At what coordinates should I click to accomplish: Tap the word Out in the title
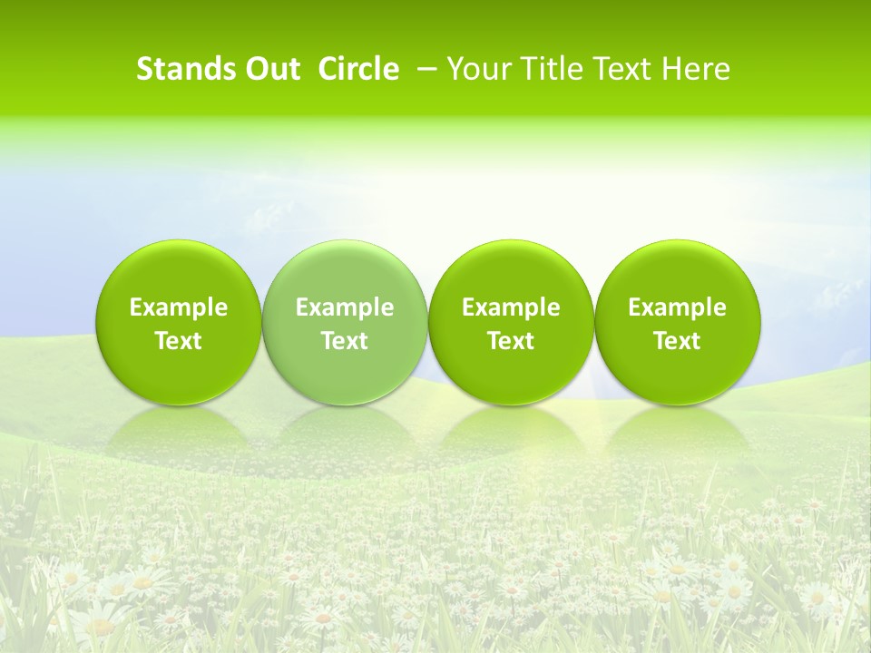click(x=273, y=69)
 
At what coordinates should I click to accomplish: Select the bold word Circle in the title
click(x=358, y=69)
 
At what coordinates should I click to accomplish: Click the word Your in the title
click(x=477, y=69)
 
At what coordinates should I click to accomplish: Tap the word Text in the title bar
click(x=622, y=69)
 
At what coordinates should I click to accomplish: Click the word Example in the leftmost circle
click(x=179, y=307)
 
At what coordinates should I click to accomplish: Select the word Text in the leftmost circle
click(x=179, y=341)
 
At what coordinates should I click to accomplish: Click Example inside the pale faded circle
click(x=345, y=307)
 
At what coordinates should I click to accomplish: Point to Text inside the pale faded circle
click(x=345, y=341)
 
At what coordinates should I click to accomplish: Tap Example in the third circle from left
click(x=511, y=307)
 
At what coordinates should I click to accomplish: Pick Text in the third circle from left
click(x=511, y=341)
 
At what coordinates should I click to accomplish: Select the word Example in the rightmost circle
click(x=677, y=307)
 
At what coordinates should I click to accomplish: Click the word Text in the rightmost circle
click(x=677, y=341)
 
